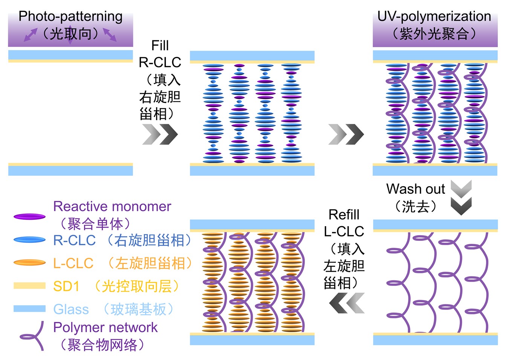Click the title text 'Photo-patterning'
(70, 16)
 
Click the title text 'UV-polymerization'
(434, 16)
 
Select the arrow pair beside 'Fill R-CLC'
(160, 134)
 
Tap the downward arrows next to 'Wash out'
(461, 198)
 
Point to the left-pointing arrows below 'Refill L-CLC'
(346, 303)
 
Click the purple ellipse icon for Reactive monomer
(29, 217)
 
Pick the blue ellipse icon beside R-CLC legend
(29, 240)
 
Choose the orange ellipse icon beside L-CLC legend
(29, 263)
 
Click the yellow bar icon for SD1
(29, 286)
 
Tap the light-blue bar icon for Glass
(29, 309)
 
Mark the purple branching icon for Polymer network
(33, 336)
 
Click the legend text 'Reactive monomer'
(112, 207)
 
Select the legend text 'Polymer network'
(105, 327)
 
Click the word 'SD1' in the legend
(66, 286)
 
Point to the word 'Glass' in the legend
(71, 309)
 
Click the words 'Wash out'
(415, 188)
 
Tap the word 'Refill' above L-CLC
(344, 214)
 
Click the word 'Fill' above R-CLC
(160, 46)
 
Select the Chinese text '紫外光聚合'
(434, 34)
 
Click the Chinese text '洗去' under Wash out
(415, 206)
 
